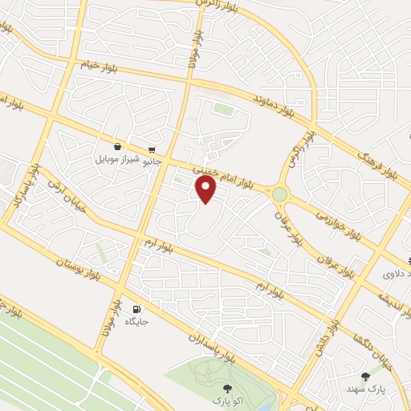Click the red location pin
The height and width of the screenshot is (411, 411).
(206, 189)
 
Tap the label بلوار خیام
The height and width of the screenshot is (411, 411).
(98, 67)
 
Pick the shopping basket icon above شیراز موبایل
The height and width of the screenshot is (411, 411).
(118, 147)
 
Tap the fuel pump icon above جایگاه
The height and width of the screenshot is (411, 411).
(137, 309)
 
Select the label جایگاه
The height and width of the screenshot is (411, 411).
(137, 321)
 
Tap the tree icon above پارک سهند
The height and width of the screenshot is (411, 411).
(366, 375)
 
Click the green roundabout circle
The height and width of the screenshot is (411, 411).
(279, 193)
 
